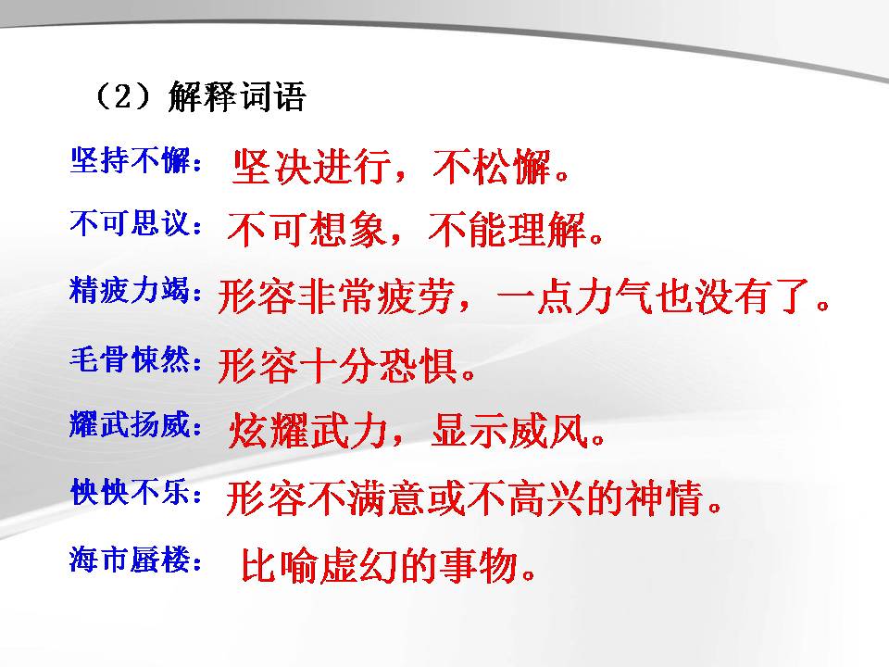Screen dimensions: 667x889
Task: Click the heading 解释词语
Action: [x=236, y=97]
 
